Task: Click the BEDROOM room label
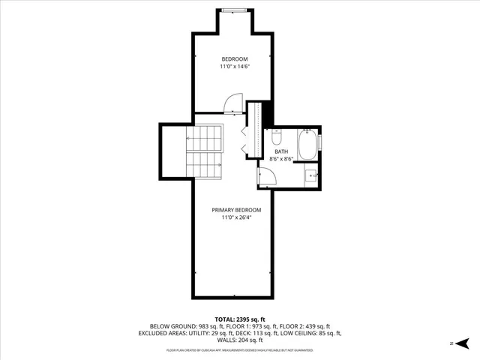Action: pos(234,59)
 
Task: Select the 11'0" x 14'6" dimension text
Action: pos(234,67)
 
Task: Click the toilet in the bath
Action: pos(275,139)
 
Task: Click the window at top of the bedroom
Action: pos(232,10)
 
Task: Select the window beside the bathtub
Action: pos(320,141)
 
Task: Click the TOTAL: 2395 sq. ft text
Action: pos(240,319)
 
